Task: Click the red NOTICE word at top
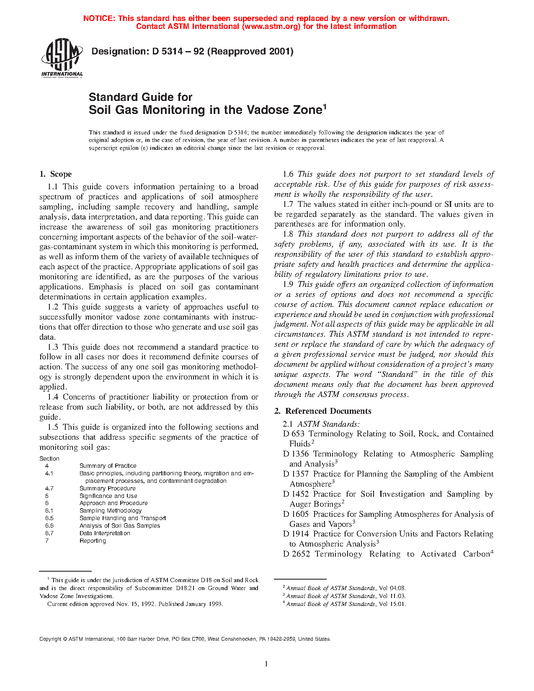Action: click(99, 18)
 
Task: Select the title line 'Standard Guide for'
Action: click(140, 97)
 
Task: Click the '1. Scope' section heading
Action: click(55, 174)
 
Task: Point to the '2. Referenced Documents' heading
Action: click(322, 411)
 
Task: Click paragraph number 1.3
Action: click(53, 347)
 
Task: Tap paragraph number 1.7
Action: click(288, 204)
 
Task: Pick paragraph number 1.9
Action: click(288, 284)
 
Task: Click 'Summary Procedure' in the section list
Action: click(108, 488)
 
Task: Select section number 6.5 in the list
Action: click(49, 518)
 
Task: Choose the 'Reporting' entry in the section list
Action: click(93, 541)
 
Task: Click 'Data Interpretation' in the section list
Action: click(105, 533)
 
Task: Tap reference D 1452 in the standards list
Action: click(296, 494)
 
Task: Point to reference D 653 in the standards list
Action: click(294, 434)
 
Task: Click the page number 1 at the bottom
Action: click(266, 664)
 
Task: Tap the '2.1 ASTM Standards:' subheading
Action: click(321, 424)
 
